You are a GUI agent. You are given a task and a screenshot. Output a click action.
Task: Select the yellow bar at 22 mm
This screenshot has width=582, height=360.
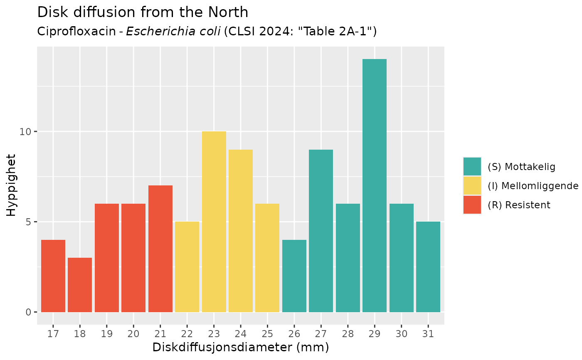tap(187, 266)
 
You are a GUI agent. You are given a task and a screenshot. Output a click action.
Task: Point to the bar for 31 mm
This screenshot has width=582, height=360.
tap(428, 266)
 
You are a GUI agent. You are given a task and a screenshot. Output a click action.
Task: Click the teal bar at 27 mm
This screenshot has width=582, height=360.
tap(321, 231)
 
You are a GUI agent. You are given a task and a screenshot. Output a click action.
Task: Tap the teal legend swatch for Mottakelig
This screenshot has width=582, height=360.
tap(472, 166)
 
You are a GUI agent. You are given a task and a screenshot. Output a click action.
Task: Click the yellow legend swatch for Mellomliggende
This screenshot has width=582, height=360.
tap(472, 185)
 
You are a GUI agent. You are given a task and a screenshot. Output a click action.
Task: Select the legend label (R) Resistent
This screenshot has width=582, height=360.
tap(519, 205)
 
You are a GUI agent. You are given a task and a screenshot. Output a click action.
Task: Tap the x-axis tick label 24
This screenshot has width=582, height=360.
tap(241, 334)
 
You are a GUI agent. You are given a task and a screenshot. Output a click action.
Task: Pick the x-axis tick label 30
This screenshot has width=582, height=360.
tap(401, 334)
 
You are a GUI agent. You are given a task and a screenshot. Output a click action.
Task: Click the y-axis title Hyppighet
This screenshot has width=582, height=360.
tap(12, 185)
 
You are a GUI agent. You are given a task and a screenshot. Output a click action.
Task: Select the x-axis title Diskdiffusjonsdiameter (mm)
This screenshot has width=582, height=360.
tap(241, 348)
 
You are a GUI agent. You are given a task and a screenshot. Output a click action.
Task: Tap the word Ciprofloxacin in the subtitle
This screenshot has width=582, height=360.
tap(76, 32)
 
